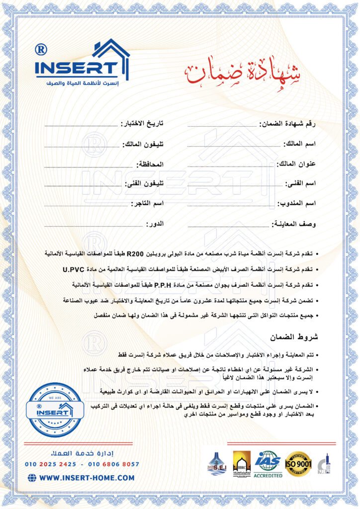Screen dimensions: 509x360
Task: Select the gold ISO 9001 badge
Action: (x=298, y=463)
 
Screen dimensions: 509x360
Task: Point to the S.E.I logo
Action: (x=216, y=464)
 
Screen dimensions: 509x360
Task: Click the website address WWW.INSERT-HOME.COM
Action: (x=87, y=478)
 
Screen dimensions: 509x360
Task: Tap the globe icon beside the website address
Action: (x=32, y=478)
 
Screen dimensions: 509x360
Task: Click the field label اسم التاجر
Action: (x=148, y=204)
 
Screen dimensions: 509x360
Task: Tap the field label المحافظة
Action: (x=150, y=164)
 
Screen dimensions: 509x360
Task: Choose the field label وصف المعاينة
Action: (x=293, y=224)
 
